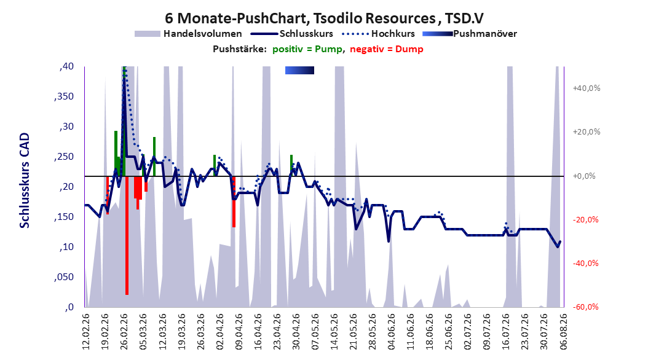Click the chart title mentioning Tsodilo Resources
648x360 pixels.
[324, 18]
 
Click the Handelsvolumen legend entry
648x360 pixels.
[189, 34]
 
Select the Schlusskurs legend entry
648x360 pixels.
[292, 34]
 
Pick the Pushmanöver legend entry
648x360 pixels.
[470, 34]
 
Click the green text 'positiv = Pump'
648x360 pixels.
[307, 49]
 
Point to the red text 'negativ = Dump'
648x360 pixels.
[387, 49]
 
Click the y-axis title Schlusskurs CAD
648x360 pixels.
[25, 181]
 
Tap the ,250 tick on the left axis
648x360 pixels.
[64, 157]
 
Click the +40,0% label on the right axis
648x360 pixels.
[587, 88]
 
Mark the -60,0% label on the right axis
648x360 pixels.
[585, 307]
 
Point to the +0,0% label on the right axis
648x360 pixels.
[584, 176]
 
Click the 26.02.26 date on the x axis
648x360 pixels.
[124, 332]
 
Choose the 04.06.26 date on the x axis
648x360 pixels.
[392, 332]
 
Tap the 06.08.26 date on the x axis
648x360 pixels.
[563, 332]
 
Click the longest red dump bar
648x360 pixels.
[127, 235]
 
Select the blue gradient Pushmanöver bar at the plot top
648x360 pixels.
[299, 71]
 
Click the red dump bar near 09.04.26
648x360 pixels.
[234, 202]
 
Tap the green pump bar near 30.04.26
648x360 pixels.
[291, 165]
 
